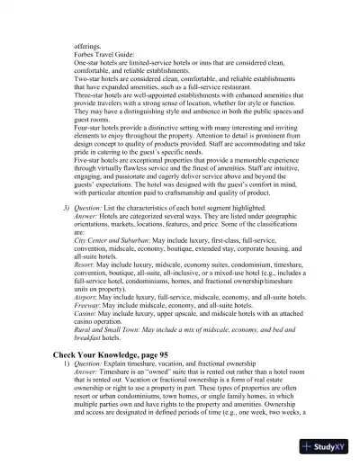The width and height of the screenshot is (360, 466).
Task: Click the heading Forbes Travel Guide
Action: pyautogui.click(x=104, y=51)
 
